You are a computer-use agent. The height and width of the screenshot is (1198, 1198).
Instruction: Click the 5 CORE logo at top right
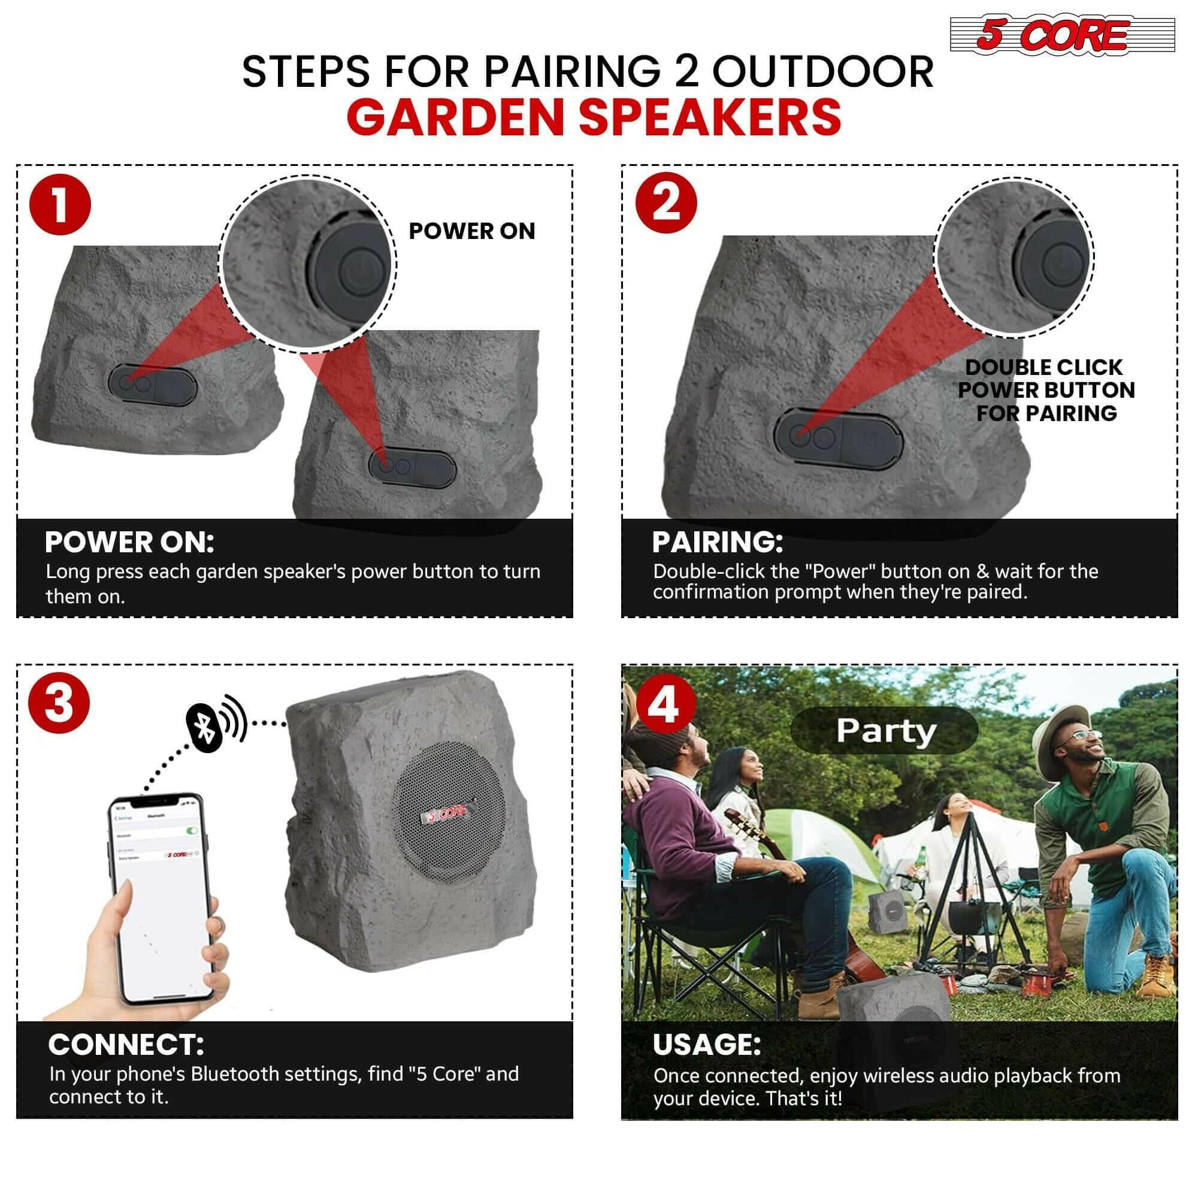[x=1061, y=35]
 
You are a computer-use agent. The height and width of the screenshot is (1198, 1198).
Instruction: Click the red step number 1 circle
[x=60, y=205]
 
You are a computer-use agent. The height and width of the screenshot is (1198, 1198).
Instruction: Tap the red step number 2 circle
[x=666, y=204]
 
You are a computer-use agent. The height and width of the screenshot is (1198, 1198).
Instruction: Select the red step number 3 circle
[x=59, y=703]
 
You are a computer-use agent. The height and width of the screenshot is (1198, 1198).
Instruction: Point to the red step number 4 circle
[x=664, y=705]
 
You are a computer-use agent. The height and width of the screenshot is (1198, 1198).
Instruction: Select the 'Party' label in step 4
[x=885, y=730]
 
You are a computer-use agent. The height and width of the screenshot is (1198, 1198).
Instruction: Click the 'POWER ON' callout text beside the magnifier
[x=471, y=231]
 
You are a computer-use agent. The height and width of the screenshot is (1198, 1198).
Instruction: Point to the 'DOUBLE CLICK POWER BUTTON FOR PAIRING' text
[x=1046, y=390]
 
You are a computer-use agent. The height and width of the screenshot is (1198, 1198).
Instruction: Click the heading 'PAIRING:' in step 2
[x=718, y=542]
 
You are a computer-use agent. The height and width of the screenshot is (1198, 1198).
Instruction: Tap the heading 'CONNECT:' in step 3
[x=126, y=1045]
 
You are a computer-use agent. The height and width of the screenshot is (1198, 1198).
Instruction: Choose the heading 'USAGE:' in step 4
[x=706, y=1045]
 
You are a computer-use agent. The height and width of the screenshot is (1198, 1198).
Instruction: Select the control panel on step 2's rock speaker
[x=836, y=438]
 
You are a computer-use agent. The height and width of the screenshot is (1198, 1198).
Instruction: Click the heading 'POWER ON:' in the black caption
[x=129, y=543]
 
